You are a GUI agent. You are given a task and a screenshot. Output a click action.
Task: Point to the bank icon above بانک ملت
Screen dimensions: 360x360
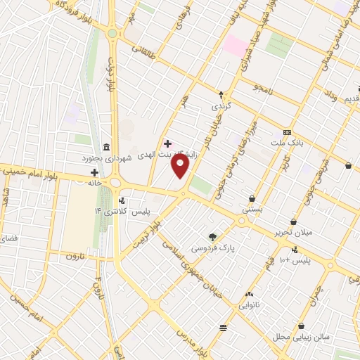pyautogui.click(x=287, y=132)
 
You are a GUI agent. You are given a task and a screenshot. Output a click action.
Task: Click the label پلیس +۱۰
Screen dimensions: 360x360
pyautogui.click(x=296, y=261)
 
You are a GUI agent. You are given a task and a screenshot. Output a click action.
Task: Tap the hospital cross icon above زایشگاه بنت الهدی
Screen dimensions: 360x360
pyautogui.click(x=167, y=143)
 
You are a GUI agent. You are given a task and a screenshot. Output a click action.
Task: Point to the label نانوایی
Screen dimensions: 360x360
pyautogui.click(x=249, y=306)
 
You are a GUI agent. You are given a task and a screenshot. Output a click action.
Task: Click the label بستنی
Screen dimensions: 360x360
pyautogui.click(x=252, y=210)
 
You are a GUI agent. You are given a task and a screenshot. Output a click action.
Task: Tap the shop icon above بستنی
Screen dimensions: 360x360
pyautogui.click(x=252, y=198)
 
